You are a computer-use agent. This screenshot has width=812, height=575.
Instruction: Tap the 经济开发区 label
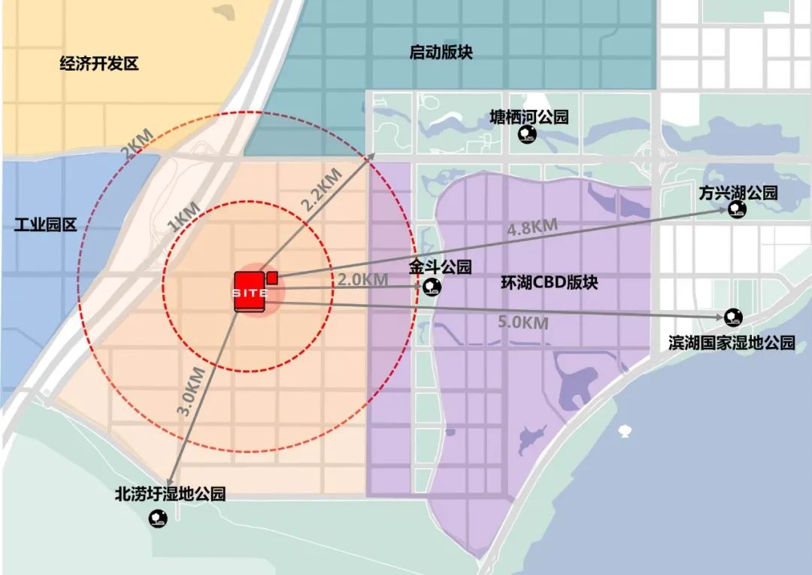(x=99, y=64)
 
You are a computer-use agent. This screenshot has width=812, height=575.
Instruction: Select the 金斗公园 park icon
(x=432, y=286)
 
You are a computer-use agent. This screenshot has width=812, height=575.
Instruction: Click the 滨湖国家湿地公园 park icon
(x=732, y=317)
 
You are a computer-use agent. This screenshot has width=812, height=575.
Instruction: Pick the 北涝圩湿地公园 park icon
(x=159, y=518)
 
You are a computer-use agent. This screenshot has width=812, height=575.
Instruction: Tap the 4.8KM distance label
(x=532, y=226)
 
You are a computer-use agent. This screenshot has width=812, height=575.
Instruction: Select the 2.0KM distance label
(x=362, y=279)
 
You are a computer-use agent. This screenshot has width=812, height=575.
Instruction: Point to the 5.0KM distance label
(x=523, y=323)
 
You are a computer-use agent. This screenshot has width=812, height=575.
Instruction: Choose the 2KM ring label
(x=136, y=144)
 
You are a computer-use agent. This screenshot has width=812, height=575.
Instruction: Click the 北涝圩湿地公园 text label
(x=170, y=494)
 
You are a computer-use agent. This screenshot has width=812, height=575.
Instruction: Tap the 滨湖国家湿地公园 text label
(x=732, y=343)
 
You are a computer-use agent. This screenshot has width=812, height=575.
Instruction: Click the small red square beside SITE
(x=272, y=277)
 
